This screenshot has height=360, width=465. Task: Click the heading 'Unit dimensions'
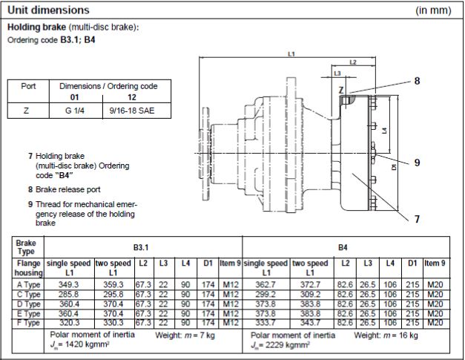[x=48, y=10]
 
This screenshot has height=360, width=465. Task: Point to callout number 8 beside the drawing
[x=417, y=81]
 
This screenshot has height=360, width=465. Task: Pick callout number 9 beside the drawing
[x=417, y=162]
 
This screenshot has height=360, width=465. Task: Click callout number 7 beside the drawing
[x=417, y=219]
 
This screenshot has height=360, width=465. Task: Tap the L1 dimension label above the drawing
[x=291, y=54]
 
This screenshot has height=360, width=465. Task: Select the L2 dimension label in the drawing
[x=353, y=62]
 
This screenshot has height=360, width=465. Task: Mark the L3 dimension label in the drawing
[x=337, y=73]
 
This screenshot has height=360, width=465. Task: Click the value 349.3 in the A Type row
[x=68, y=285]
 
